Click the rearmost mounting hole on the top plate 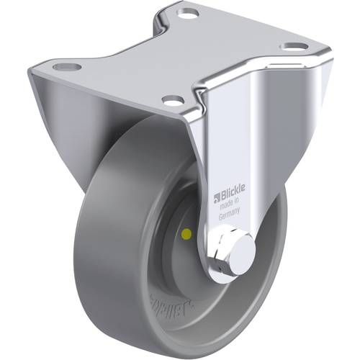pos(189,14)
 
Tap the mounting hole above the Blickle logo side pos(291,48)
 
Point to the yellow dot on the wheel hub pos(188,233)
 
